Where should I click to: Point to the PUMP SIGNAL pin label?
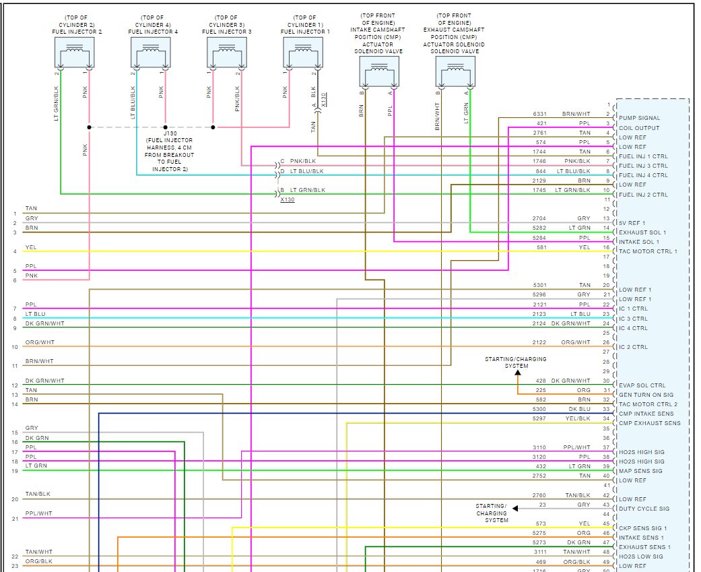[640, 119]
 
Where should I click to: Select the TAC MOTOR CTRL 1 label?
[648, 252]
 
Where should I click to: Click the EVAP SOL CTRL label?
[642, 386]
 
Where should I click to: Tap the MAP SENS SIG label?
[640, 471]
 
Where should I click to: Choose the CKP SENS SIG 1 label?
[642, 528]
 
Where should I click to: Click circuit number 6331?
[539, 114]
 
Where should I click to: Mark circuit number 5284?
[539, 238]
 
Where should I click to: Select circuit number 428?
[541, 381]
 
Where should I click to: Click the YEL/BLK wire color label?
[578, 418]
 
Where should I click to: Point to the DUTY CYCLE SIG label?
[644, 509]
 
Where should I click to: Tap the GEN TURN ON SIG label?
[646, 395]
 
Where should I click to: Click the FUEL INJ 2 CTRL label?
[643, 195]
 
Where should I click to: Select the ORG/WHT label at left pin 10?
[40, 342]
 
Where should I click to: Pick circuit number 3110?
[539, 447]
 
